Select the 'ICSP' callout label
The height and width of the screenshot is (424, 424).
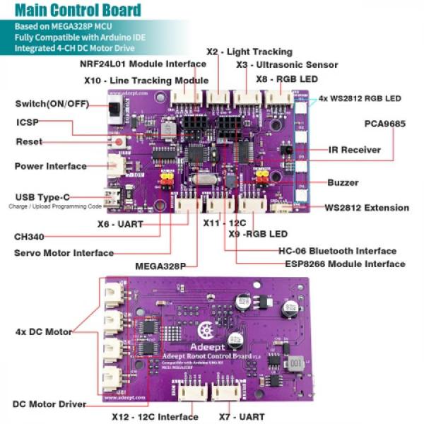(x=27, y=122)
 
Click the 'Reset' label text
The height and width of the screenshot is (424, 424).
(x=29, y=141)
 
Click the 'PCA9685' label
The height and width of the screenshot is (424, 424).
(x=384, y=123)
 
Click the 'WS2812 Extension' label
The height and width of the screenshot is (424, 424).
(x=366, y=208)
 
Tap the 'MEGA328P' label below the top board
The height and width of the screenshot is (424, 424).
(x=160, y=266)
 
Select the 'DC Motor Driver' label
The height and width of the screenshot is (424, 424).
(x=49, y=404)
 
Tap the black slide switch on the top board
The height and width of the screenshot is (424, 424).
(x=113, y=111)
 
